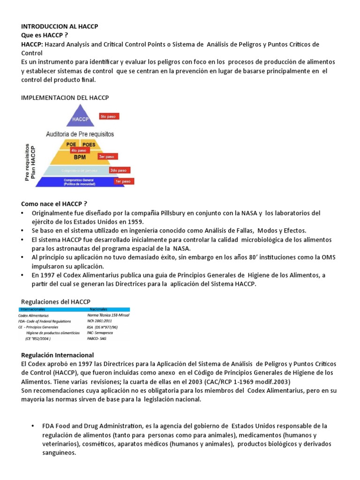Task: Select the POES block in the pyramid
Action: [89, 144]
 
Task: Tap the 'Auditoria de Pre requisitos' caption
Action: [80, 134]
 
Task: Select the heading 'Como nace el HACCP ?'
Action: [54, 204]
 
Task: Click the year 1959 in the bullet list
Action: [135, 222]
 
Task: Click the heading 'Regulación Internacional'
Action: [58, 355]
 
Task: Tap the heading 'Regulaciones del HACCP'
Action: [56, 301]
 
